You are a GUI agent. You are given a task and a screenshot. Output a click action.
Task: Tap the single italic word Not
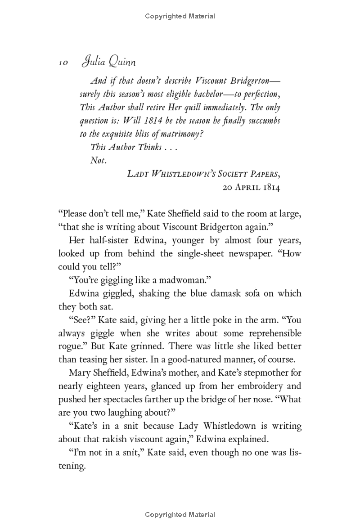click(x=98, y=160)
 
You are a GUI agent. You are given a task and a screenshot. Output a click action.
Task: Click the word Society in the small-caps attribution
click(x=225, y=174)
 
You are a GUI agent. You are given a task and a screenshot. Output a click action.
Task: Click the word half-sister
click(x=108, y=240)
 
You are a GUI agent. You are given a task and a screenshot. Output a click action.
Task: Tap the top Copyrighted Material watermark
click(x=180, y=16)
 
